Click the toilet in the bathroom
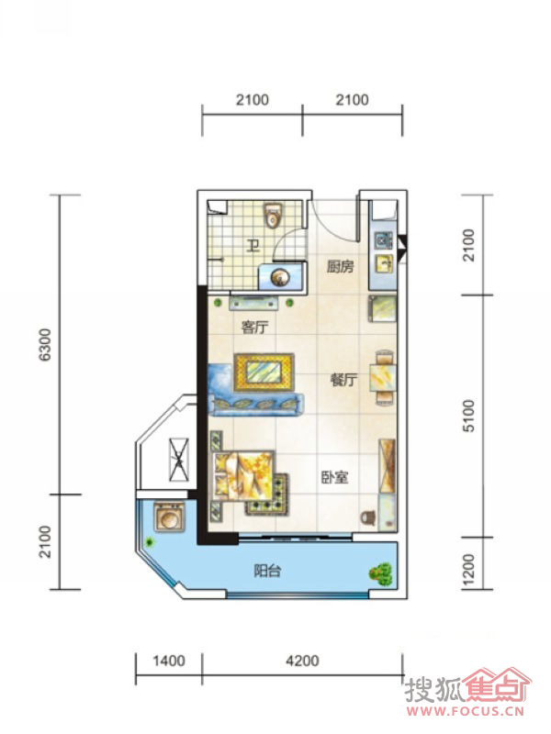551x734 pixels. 273,215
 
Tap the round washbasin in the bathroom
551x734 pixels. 281,277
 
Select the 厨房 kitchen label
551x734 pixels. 340,267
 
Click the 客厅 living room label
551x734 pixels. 254,327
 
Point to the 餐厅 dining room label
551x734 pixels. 343,379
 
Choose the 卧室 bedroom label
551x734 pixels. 334,477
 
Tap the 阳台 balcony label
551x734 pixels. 267,571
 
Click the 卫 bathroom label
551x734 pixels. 253,245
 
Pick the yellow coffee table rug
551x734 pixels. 264,373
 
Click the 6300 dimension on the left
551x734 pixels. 44,345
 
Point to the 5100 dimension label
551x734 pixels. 468,416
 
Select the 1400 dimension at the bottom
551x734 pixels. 169,661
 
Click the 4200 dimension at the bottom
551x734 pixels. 302,661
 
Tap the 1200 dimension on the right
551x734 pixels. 468,570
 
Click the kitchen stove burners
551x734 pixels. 383,240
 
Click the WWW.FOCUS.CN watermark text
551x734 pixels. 466,712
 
